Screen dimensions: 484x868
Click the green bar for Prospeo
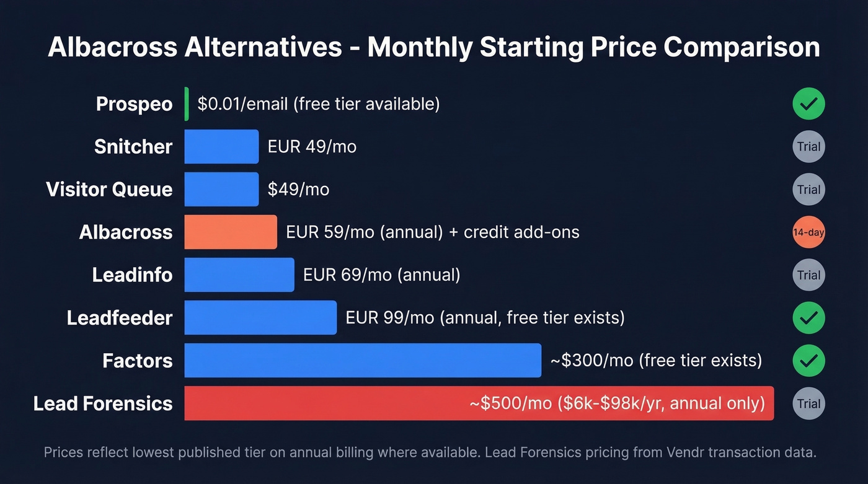[187, 103]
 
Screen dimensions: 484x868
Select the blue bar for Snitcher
[221, 146]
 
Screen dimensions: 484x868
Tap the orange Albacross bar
[231, 232]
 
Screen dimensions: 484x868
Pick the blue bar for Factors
[363, 360]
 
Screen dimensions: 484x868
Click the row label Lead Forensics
[103, 403]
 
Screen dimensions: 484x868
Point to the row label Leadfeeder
[120, 318]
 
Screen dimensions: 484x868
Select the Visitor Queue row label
[109, 189]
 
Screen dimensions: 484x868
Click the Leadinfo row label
[132, 275]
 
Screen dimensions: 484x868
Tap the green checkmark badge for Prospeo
[808, 103]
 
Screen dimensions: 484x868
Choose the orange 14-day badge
[808, 232]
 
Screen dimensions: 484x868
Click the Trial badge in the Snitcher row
[808, 147]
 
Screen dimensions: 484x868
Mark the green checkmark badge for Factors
[808, 361]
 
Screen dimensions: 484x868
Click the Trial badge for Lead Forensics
[808, 403]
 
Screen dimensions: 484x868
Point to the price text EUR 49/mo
[312, 147]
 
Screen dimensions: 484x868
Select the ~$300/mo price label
[656, 360]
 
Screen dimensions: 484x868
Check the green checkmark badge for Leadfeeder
[808, 318]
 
